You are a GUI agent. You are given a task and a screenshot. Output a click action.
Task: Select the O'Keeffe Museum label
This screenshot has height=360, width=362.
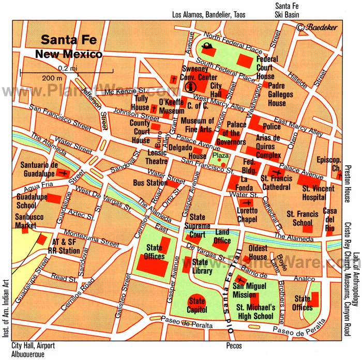171,106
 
